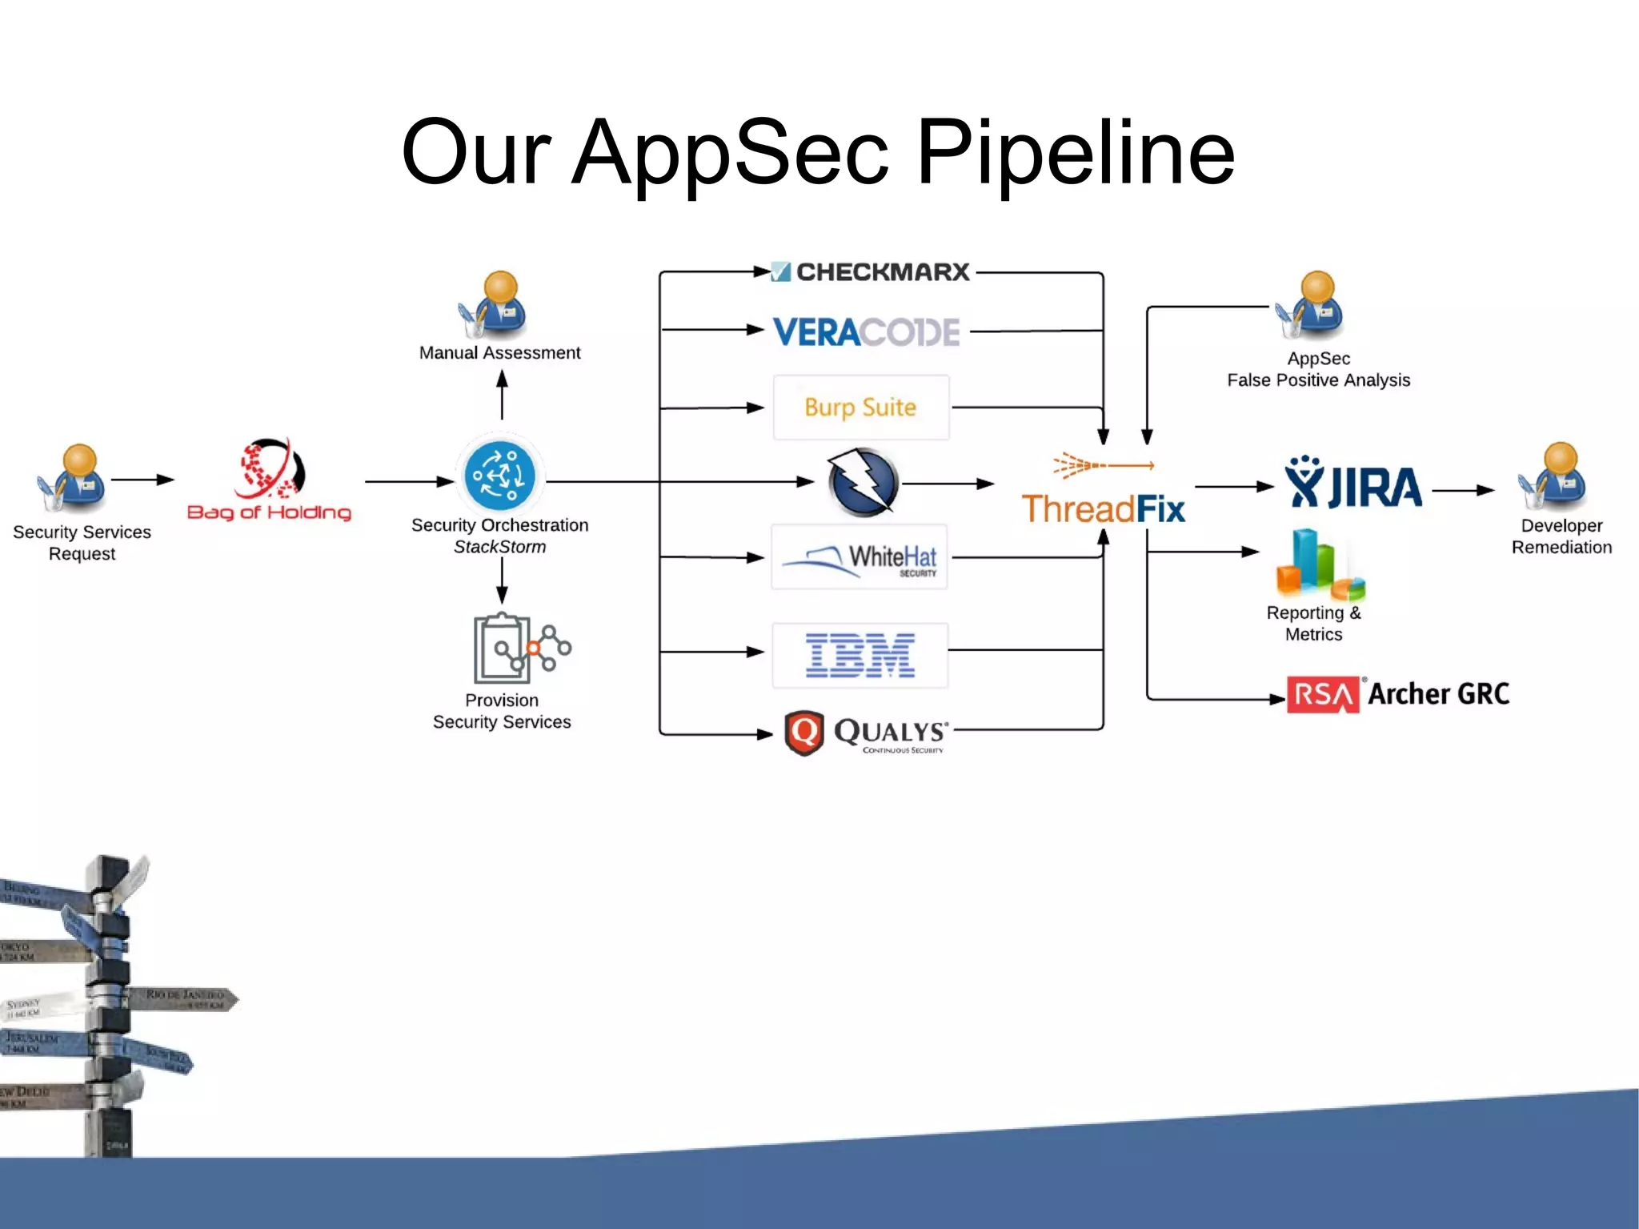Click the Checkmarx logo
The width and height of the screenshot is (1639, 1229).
[x=871, y=272]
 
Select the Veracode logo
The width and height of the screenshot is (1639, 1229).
[x=866, y=331]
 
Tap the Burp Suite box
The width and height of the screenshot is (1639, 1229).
[x=861, y=408]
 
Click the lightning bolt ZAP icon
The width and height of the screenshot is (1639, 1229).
[x=863, y=483]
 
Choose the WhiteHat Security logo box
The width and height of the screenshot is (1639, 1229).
[x=860, y=557]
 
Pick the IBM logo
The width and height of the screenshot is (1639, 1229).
[x=860, y=655]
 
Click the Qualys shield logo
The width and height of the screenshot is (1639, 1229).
[x=804, y=732]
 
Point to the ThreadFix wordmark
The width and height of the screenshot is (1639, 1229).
[x=1103, y=509]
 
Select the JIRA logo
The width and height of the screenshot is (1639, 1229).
[x=1353, y=484]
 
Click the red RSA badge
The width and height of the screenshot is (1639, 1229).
[x=1322, y=694]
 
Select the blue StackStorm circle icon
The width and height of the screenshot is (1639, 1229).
[x=500, y=476]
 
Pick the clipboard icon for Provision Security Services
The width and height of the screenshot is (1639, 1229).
[x=503, y=647]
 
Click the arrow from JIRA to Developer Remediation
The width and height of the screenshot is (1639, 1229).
[x=1463, y=490]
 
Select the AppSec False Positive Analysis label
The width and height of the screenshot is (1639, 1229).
[x=1318, y=369]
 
